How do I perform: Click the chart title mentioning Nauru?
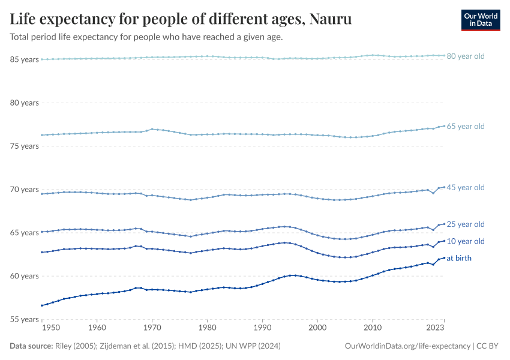tap(181, 20)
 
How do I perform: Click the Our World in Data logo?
tap(480, 20)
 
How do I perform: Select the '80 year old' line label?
tap(466, 56)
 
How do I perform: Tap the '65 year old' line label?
tap(466, 127)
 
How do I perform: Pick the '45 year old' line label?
tap(466, 188)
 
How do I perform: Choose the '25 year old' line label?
tap(466, 224)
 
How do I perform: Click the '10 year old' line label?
tap(466, 241)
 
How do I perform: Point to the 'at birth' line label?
tap(459, 258)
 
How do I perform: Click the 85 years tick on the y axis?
tap(25, 59)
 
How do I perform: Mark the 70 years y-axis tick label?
tap(25, 190)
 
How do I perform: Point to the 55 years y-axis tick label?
tap(25, 320)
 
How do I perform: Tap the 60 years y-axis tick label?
tap(25, 276)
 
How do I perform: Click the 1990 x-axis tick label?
tap(262, 328)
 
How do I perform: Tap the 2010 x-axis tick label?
tap(373, 328)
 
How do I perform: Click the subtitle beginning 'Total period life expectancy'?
tap(146, 37)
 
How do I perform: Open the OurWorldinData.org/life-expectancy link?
tap(407, 346)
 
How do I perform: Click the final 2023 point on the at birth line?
tap(444, 257)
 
